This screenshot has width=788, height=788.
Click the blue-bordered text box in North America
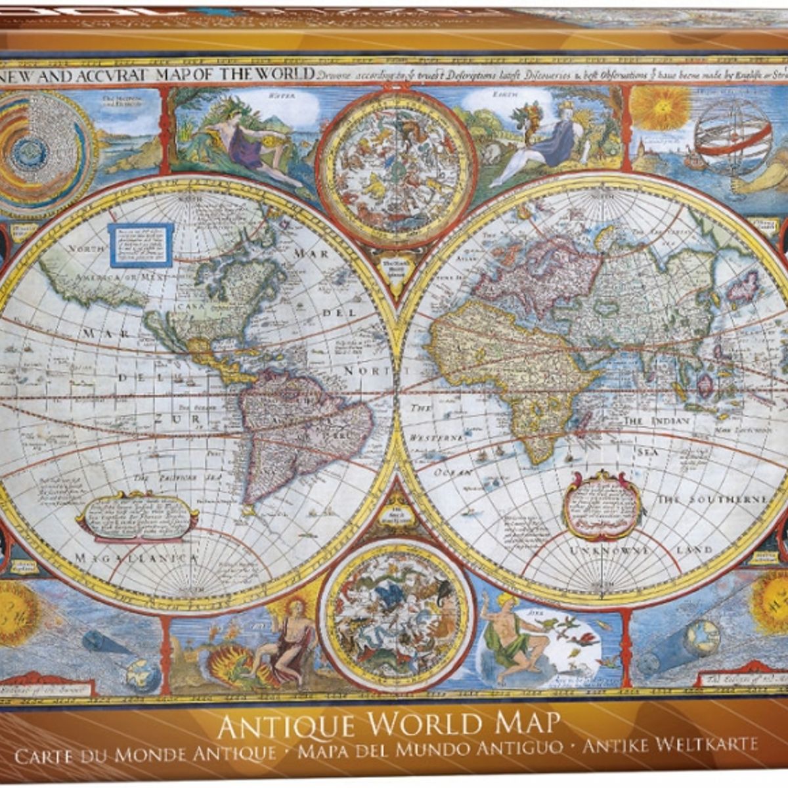click(x=141, y=245)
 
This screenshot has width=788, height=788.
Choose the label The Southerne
click(x=712, y=500)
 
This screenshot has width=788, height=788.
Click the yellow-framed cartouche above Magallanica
click(x=138, y=515)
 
